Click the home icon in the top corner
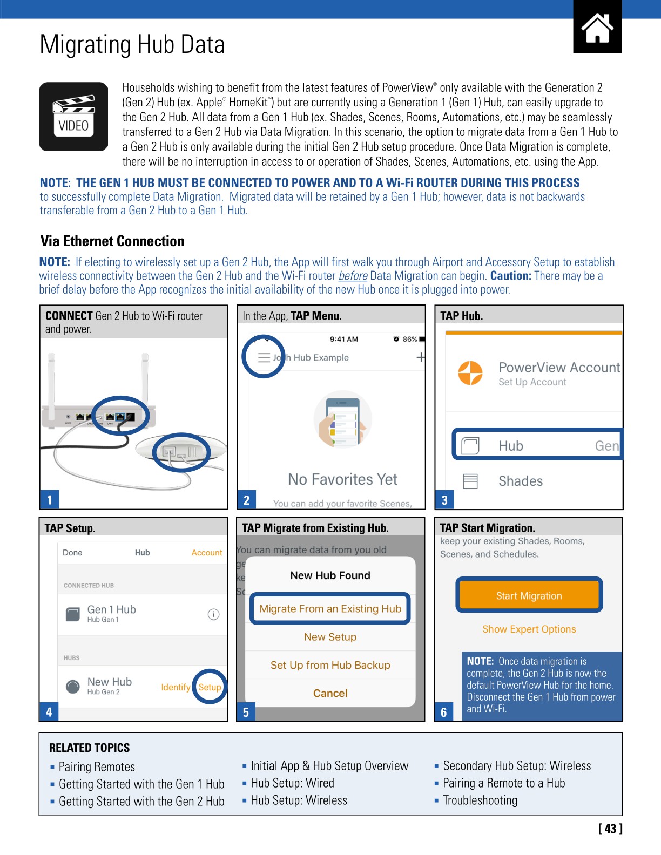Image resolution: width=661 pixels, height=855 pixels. point(597,28)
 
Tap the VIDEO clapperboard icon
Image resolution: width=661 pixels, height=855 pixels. point(73,117)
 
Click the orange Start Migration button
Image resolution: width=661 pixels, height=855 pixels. point(529,595)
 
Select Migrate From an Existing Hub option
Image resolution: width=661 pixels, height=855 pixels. point(330,608)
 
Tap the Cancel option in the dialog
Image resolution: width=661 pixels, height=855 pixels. point(330,693)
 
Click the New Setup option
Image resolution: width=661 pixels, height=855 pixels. point(330,637)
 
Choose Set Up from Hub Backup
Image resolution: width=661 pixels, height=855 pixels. point(330,665)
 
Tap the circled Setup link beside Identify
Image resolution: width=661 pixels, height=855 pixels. point(210,687)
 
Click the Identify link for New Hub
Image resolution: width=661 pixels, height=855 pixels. point(176,687)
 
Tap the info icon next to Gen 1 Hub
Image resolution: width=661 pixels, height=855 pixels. point(213,614)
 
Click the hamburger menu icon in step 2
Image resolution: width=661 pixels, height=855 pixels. point(264,357)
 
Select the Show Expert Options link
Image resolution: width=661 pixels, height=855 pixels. point(529,629)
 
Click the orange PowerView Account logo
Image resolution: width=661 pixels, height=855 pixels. point(470,373)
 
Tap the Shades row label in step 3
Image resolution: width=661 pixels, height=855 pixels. point(520,481)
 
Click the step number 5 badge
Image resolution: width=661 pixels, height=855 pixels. point(246,712)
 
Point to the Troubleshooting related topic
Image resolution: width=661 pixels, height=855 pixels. point(480,800)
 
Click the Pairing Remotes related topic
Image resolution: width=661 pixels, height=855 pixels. point(97,766)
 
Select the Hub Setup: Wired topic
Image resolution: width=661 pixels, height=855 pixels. point(292,783)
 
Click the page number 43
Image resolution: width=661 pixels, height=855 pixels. point(610,829)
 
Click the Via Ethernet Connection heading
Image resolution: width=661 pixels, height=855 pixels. point(112,241)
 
